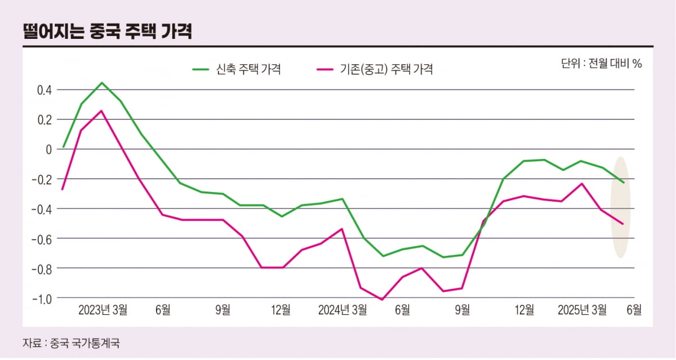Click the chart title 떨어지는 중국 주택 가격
[107, 32]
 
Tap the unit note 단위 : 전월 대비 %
[601, 64]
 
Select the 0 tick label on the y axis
[49, 149]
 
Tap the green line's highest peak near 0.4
[101, 83]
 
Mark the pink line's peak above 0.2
[101, 110]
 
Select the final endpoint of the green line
[623, 183]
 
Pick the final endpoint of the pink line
[623, 224]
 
